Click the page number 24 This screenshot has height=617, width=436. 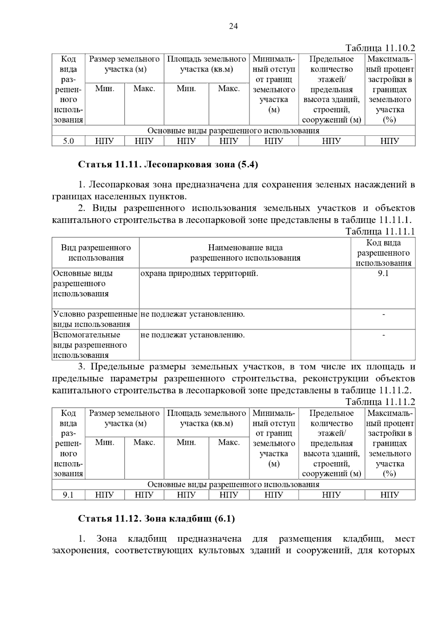tap(233, 26)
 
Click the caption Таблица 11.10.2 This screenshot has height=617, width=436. tap(380, 48)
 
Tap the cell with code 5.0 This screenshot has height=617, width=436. tap(68, 141)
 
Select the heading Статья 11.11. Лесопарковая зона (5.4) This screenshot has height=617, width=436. tap(168, 165)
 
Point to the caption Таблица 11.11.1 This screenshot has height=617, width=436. tap(380, 231)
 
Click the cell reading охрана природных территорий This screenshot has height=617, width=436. tap(199, 273)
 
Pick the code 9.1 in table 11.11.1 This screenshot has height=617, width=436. tap(383, 273)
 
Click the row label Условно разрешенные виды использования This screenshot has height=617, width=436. tap(95, 319)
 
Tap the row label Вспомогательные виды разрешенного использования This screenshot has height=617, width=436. tap(90, 345)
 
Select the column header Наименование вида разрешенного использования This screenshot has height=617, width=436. tap(245, 253)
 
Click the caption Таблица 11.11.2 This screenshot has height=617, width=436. tap(380, 402)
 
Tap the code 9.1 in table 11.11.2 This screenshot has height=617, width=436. tap(68, 495)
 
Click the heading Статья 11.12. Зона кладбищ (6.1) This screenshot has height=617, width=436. tap(156, 519)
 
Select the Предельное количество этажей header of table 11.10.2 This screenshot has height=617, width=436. tap(331, 89)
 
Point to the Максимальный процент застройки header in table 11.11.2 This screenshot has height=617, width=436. tap(390, 443)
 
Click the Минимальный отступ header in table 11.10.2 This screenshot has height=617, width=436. tap(274, 84)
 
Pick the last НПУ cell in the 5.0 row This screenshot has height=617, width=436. tap(390, 141)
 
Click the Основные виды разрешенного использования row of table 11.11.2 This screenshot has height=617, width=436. tap(233, 484)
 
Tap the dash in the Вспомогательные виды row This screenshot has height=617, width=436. tap(383, 335)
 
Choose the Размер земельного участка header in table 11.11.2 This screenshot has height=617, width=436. tap(124, 418)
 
